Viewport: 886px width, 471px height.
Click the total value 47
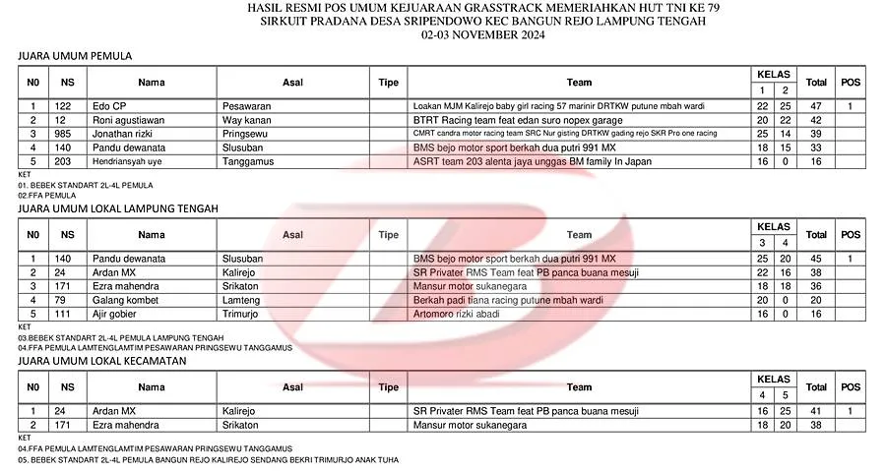(816, 105)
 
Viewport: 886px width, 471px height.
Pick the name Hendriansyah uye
(126, 160)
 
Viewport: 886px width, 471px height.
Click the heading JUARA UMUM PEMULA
(75, 56)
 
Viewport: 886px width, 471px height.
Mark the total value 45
(816, 258)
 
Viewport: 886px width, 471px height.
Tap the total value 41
(816, 410)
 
